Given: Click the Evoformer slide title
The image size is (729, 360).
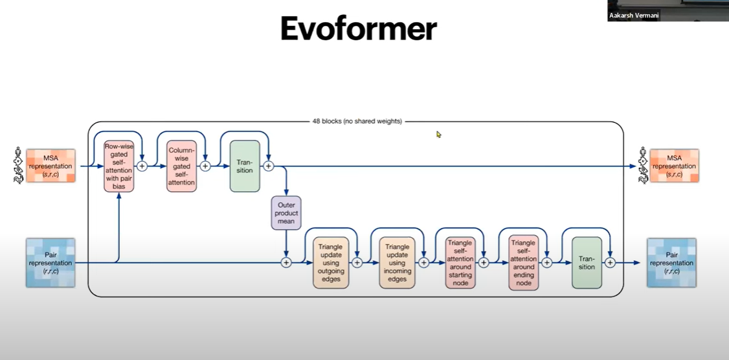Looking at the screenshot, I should (x=358, y=29).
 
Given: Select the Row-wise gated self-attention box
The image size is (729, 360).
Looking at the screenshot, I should (x=118, y=166).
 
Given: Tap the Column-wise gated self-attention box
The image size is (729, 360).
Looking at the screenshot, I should (x=181, y=166).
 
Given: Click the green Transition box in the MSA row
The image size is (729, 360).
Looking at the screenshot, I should (x=245, y=166).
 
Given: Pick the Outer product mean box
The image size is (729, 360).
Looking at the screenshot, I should (x=286, y=213).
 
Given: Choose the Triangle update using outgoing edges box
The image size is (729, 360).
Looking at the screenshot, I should (x=331, y=262).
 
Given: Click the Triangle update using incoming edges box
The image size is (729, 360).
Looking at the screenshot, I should (x=397, y=262).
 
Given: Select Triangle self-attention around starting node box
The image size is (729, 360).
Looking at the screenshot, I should (x=460, y=262).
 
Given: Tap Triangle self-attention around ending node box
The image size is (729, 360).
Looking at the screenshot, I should (x=523, y=262).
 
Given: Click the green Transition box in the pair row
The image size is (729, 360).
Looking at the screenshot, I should (x=587, y=262).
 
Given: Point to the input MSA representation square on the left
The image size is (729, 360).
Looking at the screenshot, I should (x=50, y=166).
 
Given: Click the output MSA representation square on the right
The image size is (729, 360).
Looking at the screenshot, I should (x=674, y=166).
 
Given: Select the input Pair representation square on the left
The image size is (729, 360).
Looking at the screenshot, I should (x=50, y=263).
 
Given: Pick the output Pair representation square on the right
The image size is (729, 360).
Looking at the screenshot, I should (x=671, y=263).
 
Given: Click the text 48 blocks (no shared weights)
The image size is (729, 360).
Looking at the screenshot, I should (x=357, y=121).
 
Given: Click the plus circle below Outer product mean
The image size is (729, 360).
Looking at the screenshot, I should (x=286, y=262).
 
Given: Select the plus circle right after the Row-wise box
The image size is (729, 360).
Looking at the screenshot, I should (x=142, y=166).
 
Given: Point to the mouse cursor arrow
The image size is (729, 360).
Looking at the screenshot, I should (x=439, y=135).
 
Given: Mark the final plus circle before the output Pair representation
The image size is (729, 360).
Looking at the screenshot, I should (x=610, y=262).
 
